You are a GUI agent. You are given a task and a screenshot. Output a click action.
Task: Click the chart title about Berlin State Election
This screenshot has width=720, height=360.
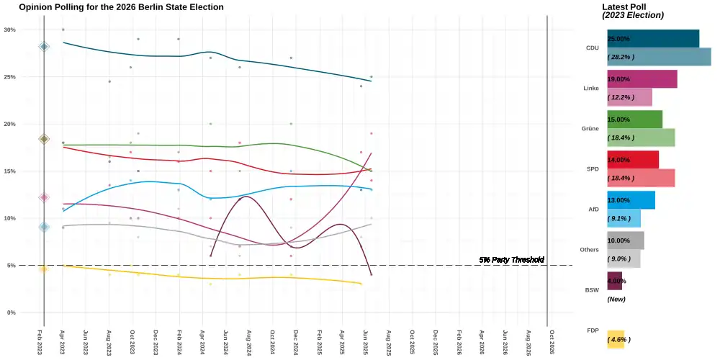[121, 7]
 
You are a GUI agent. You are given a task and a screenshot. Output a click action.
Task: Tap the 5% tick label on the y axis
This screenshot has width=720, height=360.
[12, 266]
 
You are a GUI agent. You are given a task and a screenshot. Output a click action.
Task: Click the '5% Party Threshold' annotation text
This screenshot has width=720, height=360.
[511, 259]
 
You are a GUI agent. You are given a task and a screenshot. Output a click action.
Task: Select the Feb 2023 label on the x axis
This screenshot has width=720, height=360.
[40, 343]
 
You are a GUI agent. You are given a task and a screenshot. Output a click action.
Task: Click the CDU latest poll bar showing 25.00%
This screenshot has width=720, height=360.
[653, 39]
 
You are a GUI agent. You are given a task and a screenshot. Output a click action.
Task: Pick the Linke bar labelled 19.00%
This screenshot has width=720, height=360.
[642, 79]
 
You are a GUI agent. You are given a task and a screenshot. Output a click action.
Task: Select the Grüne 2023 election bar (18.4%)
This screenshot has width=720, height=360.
[641, 138]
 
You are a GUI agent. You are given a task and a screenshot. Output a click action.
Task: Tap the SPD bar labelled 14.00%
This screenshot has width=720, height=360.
[632, 160]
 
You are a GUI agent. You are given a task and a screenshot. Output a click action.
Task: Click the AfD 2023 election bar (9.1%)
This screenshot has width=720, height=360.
[624, 218]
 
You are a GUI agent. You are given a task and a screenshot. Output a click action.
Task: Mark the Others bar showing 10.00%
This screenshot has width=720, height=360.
[625, 240]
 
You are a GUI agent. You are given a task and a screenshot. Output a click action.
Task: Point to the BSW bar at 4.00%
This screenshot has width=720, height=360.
[614, 281]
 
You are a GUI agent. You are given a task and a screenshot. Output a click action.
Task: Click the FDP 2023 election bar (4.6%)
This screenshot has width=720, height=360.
[616, 339]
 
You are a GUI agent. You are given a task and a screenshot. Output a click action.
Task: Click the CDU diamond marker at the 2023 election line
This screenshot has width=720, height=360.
[44, 47]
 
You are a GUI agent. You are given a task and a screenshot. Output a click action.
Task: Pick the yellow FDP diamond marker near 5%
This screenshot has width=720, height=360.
[44, 269]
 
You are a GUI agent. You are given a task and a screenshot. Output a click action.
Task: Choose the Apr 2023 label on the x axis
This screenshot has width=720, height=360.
[63, 343]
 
